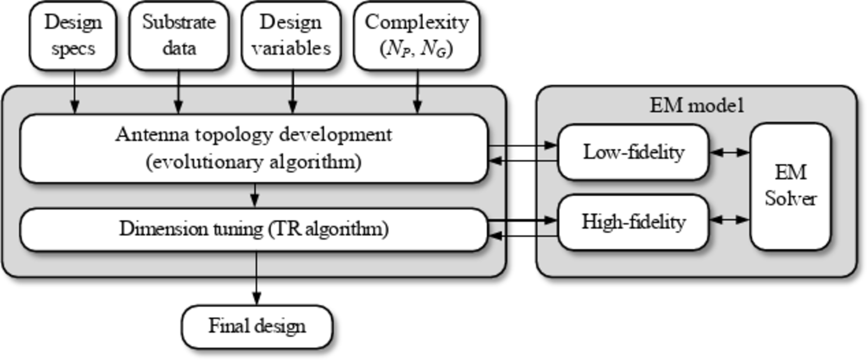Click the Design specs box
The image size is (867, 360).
pos(73,35)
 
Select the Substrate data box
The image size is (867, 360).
pos(178,35)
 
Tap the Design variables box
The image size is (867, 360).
pos(291,35)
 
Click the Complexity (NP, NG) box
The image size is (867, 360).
pos(416,35)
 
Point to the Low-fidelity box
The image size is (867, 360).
pos(633,152)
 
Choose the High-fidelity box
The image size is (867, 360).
pos(633,222)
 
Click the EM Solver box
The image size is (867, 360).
pos(790,186)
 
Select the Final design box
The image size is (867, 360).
pos(257,327)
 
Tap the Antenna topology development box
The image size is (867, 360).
pos(254,149)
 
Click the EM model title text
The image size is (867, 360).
pos(696,105)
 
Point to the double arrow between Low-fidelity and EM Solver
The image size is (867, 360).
pos(729,152)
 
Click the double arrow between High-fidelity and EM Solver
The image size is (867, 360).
pos(729,220)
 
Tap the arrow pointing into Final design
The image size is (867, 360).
pos(256,279)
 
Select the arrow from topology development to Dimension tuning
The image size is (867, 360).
pos(255,195)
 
